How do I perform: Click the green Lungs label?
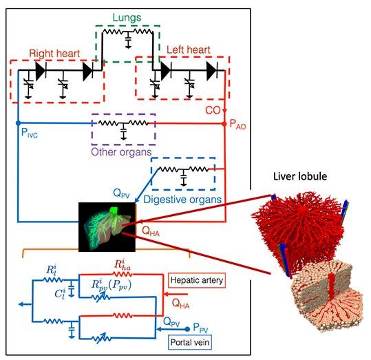(x=127, y=17)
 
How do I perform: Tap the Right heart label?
(x=54, y=54)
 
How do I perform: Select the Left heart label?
(x=189, y=50)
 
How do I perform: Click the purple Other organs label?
(x=121, y=152)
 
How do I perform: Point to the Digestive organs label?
(x=182, y=200)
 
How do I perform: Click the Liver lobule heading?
(x=300, y=176)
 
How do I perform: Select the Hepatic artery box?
(x=197, y=280)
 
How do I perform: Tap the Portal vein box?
(x=190, y=342)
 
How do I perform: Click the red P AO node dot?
(x=224, y=124)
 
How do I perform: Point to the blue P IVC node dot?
(x=18, y=123)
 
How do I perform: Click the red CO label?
(x=213, y=110)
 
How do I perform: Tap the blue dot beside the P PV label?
(x=187, y=329)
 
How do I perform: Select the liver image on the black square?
(x=107, y=226)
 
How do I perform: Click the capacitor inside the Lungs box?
(x=128, y=41)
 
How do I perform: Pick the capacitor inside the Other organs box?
(x=123, y=131)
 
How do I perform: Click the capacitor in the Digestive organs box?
(x=183, y=178)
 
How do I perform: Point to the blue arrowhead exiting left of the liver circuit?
(x=21, y=304)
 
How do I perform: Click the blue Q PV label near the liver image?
(x=121, y=193)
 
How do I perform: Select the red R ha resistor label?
(x=123, y=265)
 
